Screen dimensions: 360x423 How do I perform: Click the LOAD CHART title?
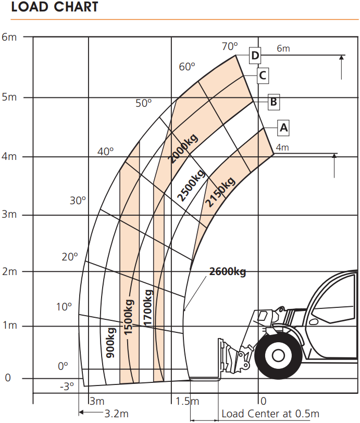[55, 6]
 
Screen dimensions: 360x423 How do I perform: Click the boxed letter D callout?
[255, 56]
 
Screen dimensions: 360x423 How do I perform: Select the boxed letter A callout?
[283, 128]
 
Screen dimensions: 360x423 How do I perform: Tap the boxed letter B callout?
[274, 102]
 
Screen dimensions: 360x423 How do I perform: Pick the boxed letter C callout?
[263, 75]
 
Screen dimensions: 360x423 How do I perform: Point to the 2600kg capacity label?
[228, 271]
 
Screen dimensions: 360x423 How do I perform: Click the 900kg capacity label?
[110, 343]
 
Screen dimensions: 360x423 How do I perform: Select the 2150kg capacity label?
[220, 192]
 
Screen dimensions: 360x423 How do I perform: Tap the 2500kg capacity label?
[191, 185]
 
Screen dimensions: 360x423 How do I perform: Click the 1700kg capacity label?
[148, 308]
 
